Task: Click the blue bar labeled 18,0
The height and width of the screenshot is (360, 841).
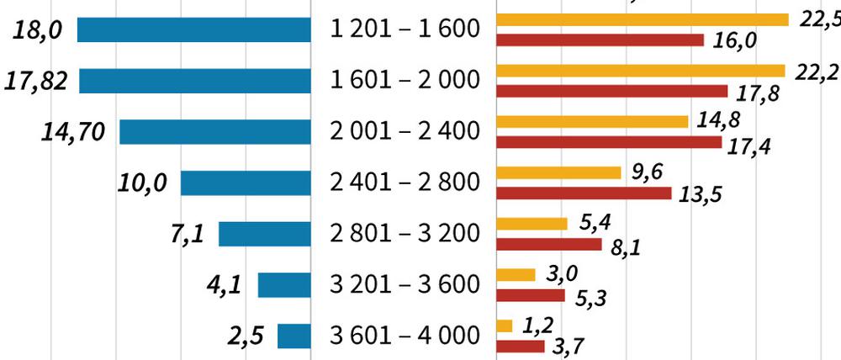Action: point(194,30)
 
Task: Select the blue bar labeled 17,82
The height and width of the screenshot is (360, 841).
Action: point(195,81)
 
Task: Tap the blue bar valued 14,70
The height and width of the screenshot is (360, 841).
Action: point(215,132)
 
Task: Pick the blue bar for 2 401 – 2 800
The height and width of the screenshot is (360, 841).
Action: point(246,183)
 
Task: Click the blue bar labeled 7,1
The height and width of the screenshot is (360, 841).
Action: point(265,234)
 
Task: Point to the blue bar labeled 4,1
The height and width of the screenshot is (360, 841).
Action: point(284,285)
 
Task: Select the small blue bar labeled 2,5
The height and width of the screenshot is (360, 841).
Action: point(294,336)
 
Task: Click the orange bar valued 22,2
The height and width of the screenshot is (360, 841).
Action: point(641,71)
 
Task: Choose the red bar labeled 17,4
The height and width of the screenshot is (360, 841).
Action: point(610,142)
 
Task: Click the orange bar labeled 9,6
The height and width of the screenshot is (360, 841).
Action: point(559,172)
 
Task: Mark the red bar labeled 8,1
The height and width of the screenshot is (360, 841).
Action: point(549,244)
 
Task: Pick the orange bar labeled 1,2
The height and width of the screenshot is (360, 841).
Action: point(505,326)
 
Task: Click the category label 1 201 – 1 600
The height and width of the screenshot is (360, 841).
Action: point(405,30)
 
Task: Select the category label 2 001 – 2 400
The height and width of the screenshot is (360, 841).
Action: point(405,132)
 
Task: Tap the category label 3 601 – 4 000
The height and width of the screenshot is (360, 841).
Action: point(405,336)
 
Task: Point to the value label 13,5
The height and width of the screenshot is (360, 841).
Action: point(700,196)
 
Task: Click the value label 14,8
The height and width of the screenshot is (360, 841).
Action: point(719,120)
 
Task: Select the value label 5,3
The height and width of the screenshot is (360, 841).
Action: point(593,298)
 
